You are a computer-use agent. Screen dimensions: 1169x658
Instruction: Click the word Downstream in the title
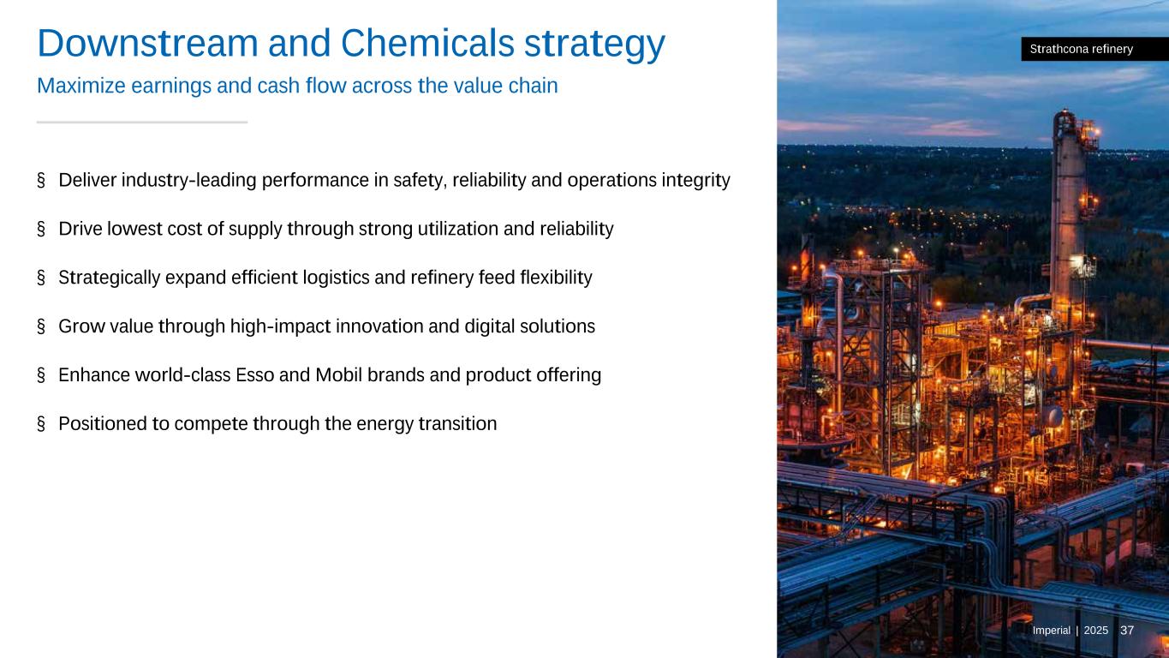[147, 43]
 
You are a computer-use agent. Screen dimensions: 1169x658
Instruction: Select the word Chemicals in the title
[427, 43]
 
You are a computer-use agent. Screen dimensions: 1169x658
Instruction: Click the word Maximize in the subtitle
[81, 86]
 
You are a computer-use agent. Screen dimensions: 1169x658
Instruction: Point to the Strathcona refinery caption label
[1094, 49]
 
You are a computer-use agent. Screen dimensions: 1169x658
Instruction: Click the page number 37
[1127, 631]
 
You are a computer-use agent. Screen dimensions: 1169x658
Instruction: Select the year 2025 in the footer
[1096, 631]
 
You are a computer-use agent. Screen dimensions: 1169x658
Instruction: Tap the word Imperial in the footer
[1051, 631]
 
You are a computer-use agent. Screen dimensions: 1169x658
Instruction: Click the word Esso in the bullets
[254, 375]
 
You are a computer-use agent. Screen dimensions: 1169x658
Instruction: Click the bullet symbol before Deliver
[41, 180]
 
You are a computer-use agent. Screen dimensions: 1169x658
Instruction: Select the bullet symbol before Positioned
[41, 423]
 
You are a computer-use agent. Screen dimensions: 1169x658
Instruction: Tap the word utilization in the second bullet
[458, 229]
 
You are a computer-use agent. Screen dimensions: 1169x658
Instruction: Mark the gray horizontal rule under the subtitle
[142, 123]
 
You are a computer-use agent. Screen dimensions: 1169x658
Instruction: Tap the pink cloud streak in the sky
[955, 129]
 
